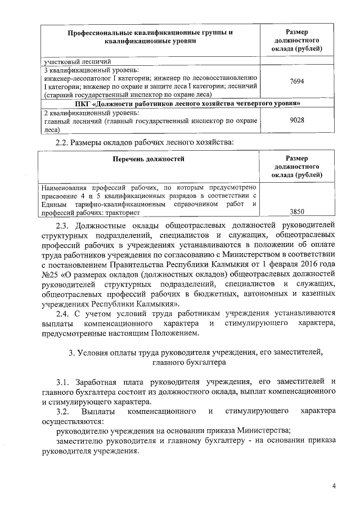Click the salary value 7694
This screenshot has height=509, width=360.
point(296,82)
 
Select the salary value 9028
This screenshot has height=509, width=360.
point(296,120)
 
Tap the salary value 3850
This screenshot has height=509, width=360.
point(296,211)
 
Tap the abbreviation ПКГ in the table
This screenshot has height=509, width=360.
point(83,103)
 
